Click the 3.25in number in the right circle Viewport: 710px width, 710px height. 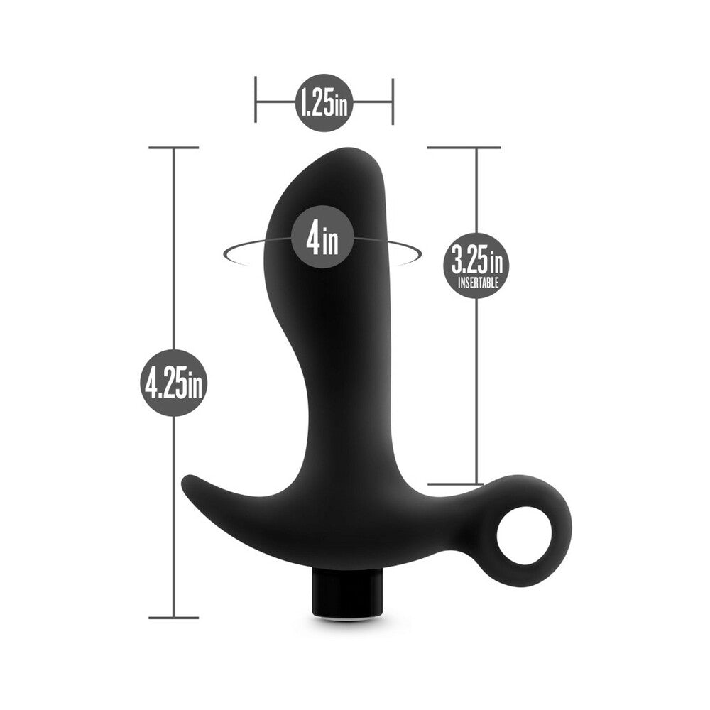point(476,262)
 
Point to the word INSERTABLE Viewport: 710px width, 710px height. point(476,283)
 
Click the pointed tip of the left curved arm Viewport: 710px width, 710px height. point(187,481)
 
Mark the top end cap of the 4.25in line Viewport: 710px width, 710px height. point(174,147)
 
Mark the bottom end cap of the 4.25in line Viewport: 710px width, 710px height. point(174,618)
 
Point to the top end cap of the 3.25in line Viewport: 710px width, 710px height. point(464,147)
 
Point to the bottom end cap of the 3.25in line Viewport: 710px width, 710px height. point(464,484)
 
